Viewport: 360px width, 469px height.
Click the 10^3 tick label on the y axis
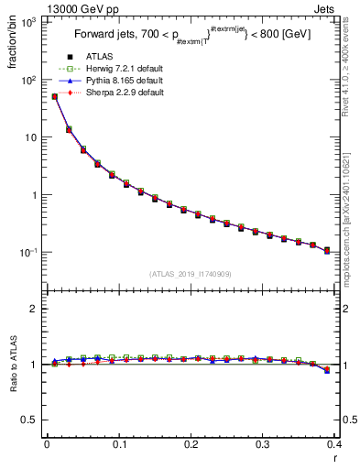point(30,22)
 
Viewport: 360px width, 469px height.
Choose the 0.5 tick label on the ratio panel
point(30,420)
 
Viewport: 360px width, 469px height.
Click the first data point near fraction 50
point(54,96)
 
